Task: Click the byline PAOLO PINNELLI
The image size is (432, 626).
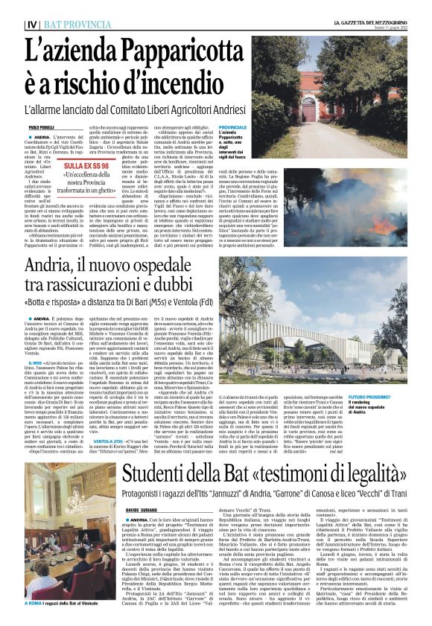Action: (x=44, y=129)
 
